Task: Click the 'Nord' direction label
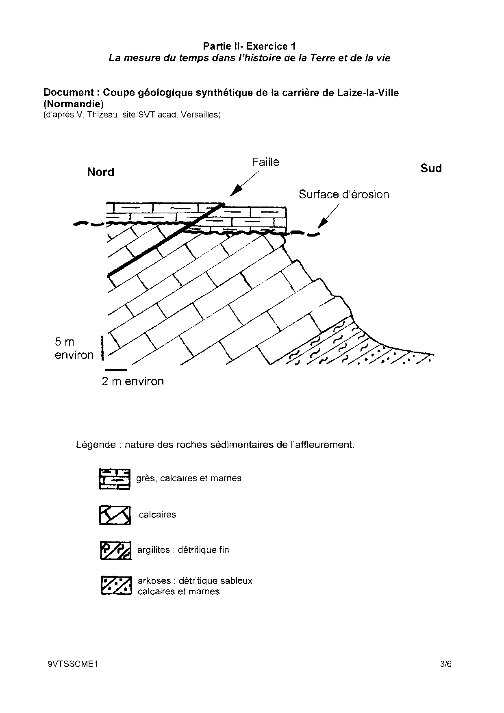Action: pyautogui.click(x=101, y=172)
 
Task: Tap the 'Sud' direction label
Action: pyautogui.click(x=431, y=168)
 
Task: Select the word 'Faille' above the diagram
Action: pyautogui.click(x=265, y=162)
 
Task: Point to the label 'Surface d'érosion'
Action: pyautogui.click(x=344, y=195)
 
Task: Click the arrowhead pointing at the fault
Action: pyautogui.click(x=235, y=191)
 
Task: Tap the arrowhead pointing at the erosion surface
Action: pyautogui.click(x=322, y=223)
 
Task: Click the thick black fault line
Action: pyautogui.click(x=163, y=242)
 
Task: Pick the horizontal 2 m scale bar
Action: pyautogui.click(x=116, y=370)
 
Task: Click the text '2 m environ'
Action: pyautogui.click(x=133, y=381)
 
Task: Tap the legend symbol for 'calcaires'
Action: pyautogui.click(x=115, y=515)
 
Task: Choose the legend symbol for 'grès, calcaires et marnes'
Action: pyautogui.click(x=115, y=479)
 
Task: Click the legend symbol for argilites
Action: pyautogui.click(x=115, y=550)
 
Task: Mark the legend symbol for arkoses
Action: pyautogui.click(x=116, y=586)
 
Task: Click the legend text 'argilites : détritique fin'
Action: pyautogui.click(x=183, y=550)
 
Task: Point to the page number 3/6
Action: pyautogui.click(x=446, y=665)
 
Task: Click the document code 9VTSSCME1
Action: pyautogui.click(x=73, y=665)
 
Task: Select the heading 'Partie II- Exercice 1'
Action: pyautogui.click(x=249, y=46)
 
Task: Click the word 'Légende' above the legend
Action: pyautogui.click(x=96, y=445)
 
